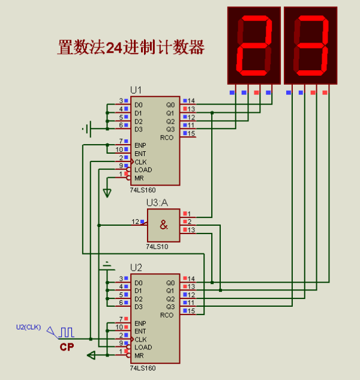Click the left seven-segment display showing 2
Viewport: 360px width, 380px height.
click(254, 45)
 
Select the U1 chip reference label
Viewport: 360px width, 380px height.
click(136, 90)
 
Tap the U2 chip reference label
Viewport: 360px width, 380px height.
click(136, 267)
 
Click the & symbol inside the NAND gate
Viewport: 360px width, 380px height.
click(164, 225)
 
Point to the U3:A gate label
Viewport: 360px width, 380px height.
click(157, 203)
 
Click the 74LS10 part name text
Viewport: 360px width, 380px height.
click(157, 246)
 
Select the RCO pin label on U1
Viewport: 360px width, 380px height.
click(167, 137)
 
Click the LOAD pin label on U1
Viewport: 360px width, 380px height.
click(143, 170)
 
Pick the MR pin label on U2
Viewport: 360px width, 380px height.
click(139, 355)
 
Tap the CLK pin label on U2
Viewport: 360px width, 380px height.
click(140, 339)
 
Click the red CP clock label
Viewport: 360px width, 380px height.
click(67, 347)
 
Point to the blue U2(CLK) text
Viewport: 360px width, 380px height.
click(28, 327)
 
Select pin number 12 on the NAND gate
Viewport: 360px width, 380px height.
click(136, 222)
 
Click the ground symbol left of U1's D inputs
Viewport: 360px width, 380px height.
click(86, 128)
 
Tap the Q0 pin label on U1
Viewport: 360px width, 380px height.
click(170, 104)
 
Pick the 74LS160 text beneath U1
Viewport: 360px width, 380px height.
click(142, 190)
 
